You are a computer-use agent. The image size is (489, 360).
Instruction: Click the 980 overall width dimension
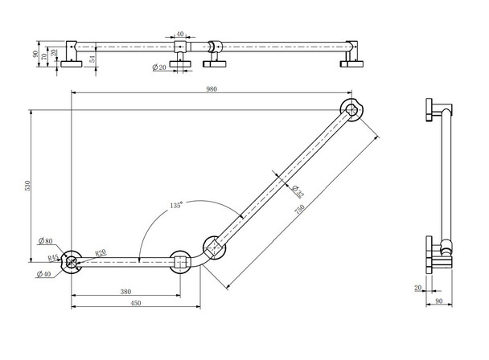click(212, 89)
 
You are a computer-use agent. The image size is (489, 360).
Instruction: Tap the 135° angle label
click(176, 207)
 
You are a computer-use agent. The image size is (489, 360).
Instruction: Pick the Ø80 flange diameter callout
click(46, 241)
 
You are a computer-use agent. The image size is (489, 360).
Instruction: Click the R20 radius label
click(101, 252)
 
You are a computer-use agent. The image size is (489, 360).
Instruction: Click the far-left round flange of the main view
click(72, 260)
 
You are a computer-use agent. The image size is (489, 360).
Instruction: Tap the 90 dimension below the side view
click(438, 301)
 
